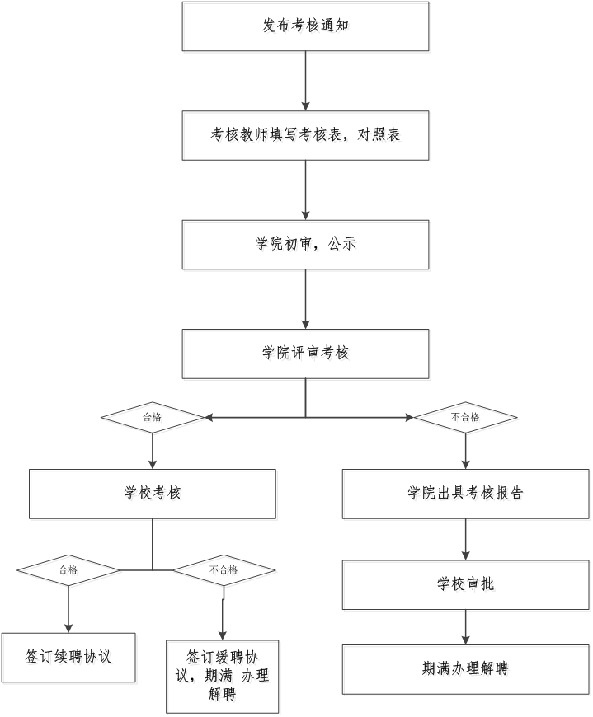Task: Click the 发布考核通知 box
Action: tap(306, 27)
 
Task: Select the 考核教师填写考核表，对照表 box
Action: tap(306, 136)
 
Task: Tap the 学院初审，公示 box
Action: tap(306, 246)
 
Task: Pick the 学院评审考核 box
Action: tap(306, 355)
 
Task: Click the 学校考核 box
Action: tap(153, 495)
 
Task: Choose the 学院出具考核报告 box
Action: tap(467, 495)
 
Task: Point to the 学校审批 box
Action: tap(467, 586)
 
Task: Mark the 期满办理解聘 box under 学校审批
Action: tap(467, 670)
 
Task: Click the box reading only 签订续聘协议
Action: tap(69, 658)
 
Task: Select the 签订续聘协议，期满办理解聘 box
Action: tap(223, 677)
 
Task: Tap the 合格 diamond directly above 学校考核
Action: tap(153, 419)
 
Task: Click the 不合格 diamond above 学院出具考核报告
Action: tap(467, 419)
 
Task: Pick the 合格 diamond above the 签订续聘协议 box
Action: tap(69, 570)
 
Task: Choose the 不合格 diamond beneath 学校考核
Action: tap(224, 570)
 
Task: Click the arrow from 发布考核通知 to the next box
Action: tap(306, 82)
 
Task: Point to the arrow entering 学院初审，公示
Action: tap(306, 191)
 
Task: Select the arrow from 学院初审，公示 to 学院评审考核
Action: tap(306, 301)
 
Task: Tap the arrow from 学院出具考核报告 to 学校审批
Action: tap(467, 541)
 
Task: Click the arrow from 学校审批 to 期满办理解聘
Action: tap(467, 628)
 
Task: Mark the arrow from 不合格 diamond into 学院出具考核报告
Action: tap(467, 452)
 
